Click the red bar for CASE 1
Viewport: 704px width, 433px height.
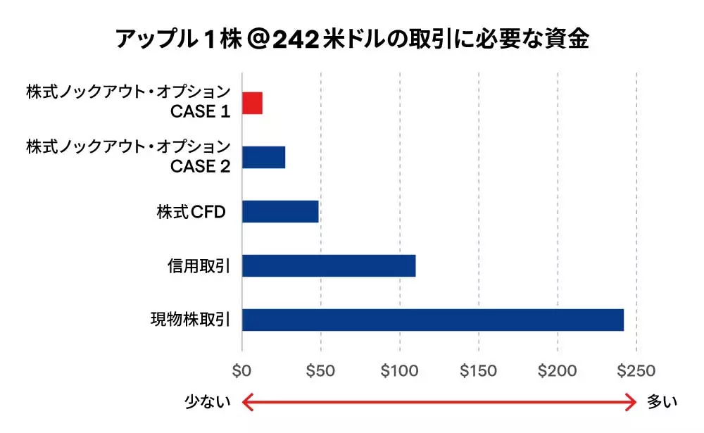coord(252,103)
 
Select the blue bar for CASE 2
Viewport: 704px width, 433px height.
coord(263,158)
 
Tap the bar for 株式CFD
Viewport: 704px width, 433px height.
coord(280,211)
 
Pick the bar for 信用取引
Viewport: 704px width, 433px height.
coord(329,265)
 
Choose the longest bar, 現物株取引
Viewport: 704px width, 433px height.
coord(433,320)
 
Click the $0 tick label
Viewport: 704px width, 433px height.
coord(242,371)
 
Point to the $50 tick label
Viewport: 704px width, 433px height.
coord(320,371)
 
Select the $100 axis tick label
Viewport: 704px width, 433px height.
coord(399,371)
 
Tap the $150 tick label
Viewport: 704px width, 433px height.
coord(478,371)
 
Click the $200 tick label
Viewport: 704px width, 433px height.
coord(557,371)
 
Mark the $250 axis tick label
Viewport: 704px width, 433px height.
coord(636,371)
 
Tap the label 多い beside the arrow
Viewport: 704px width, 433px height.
coord(662,402)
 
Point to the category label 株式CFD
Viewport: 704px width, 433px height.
coord(191,212)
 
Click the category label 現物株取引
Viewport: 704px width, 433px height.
coord(191,320)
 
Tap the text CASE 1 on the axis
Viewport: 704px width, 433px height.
coord(201,112)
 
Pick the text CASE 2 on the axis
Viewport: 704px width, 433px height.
coord(201,166)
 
